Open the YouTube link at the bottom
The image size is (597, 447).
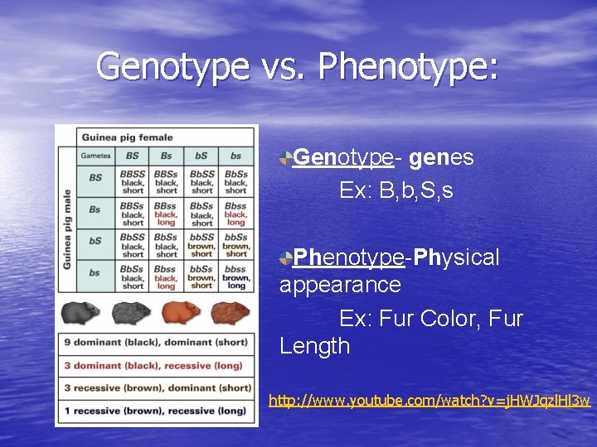(x=429, y=401)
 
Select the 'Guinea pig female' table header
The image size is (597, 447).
(x=127, y=137)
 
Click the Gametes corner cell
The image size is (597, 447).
(x=96, y=155)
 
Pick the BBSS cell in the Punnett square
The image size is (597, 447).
(x=133, y=182)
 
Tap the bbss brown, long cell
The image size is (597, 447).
(x=235, y=278)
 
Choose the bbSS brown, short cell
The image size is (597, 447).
(x=201, y=246)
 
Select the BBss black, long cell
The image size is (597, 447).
(x=167, y=214)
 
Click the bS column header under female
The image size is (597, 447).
(x=201, y=155)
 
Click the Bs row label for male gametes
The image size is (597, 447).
(x=95, y=210)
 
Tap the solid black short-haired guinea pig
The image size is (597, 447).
(x=80, y=314)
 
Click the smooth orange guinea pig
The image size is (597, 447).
(x=181, y=313)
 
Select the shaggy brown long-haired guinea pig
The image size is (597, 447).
(x=231, y=313)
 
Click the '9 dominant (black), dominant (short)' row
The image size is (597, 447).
(x=156, y=343)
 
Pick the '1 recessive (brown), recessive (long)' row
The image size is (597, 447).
(x=156, y=411)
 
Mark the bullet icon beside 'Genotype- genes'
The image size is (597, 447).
(x=286, y=157)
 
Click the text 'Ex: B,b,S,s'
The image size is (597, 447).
(x=396, y=191)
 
